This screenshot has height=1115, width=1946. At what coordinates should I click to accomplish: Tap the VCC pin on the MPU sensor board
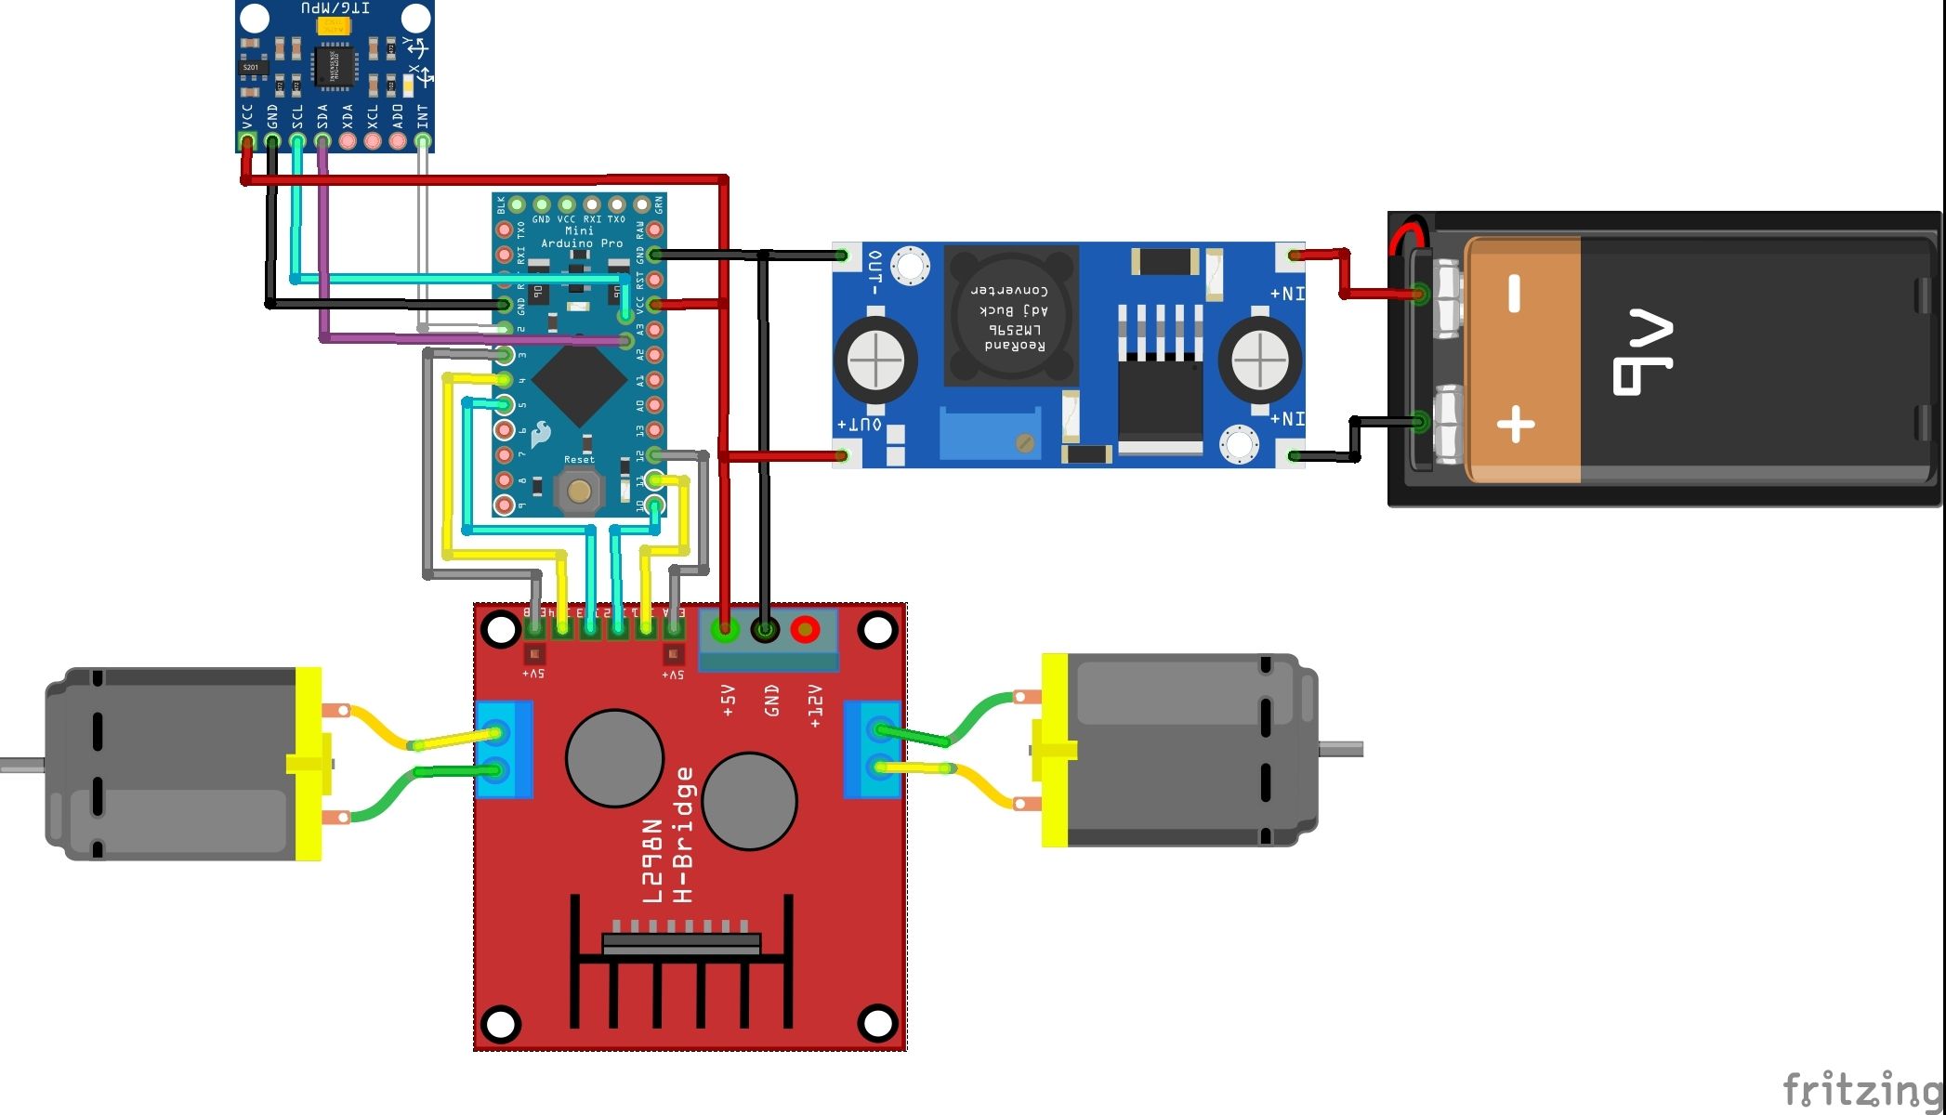(x=247, y=141)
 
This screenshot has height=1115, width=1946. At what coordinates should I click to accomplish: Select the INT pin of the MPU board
(x=423, y=141)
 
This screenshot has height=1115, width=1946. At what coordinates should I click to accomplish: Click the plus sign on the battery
(x=1516, y=425)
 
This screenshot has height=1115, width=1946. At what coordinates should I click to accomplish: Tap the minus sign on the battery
(x=1514, y=293)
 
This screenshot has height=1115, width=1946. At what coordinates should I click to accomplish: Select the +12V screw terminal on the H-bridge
(x=805, y=630)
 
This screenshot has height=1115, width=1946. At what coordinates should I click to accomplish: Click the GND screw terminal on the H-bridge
(x=765, y=630)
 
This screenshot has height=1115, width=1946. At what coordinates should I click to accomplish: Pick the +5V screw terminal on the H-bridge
(x=724, y=630)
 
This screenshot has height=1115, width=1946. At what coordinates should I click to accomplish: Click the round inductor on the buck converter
(x=1010, y=316)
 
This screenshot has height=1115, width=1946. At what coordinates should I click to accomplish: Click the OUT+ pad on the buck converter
(x=842, y=455)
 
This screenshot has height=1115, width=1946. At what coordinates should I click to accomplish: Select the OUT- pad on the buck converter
(x=842, y=255)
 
